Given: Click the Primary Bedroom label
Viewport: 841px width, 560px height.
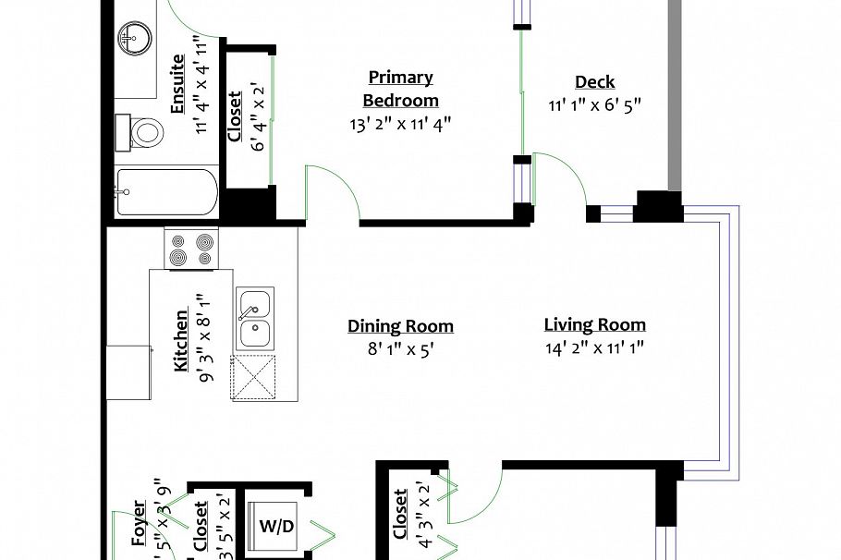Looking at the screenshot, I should [x=400, y=89].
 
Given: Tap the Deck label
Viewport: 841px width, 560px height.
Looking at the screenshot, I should [x=594, y=82].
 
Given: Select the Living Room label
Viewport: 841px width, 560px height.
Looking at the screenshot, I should [x=594, y=324].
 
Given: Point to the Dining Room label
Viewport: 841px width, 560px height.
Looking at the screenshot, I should [x=400, y=326].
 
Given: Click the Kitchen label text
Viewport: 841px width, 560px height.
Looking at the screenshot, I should [x=181, y=340].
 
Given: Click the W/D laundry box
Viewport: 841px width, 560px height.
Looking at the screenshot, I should [x=276, y=528].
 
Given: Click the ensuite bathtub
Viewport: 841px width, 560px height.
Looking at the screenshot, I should [x=166, y=192].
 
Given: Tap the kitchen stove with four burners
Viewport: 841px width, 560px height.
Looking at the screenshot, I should [x=189, y=249].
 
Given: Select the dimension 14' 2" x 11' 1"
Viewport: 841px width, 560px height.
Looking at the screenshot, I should [x=594, y=348].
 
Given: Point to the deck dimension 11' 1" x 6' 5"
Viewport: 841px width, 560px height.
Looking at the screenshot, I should [x=594, y=105].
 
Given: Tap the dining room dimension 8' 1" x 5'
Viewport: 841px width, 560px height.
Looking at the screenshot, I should [x=400, y=350].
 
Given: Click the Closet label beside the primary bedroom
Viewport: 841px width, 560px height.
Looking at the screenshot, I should [x=235, y=116].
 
